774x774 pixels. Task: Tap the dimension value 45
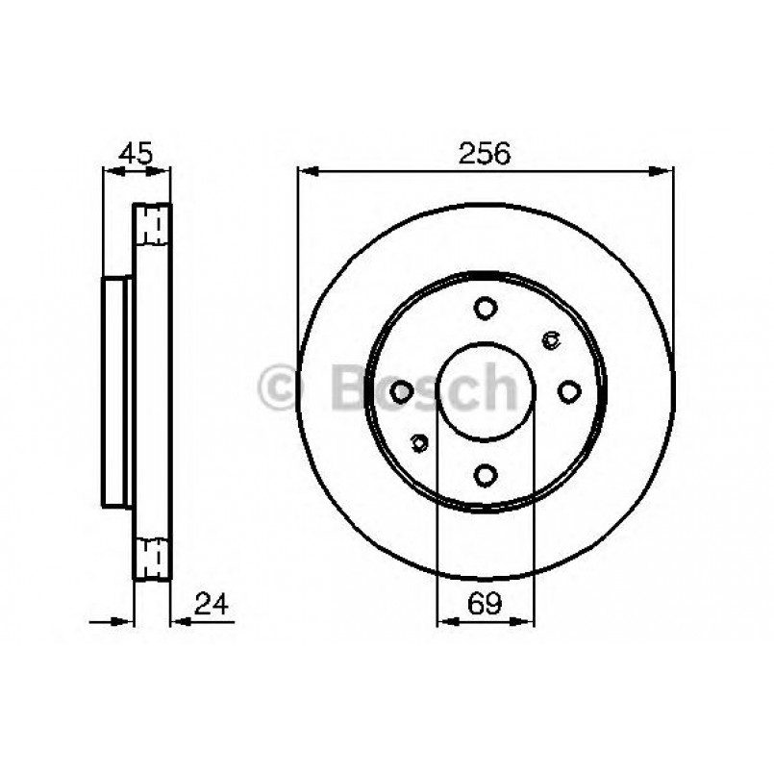click(x=136, y=153)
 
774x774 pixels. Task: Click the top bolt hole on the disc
click(x=486, y=308)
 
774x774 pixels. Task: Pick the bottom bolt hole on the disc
click(x=486, y=474)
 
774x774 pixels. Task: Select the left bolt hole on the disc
click(x=402, y=391)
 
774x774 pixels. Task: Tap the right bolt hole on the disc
click(x=569, y=391)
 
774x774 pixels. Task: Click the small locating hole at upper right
click(x=551, y=337)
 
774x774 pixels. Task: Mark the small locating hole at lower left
click(x=418, y=442)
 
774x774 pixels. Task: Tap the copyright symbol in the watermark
click(x=281, y=387)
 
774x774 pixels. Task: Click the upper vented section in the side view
click(x=152, y=226)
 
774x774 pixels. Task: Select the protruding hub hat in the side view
click(x=115, y=391)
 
